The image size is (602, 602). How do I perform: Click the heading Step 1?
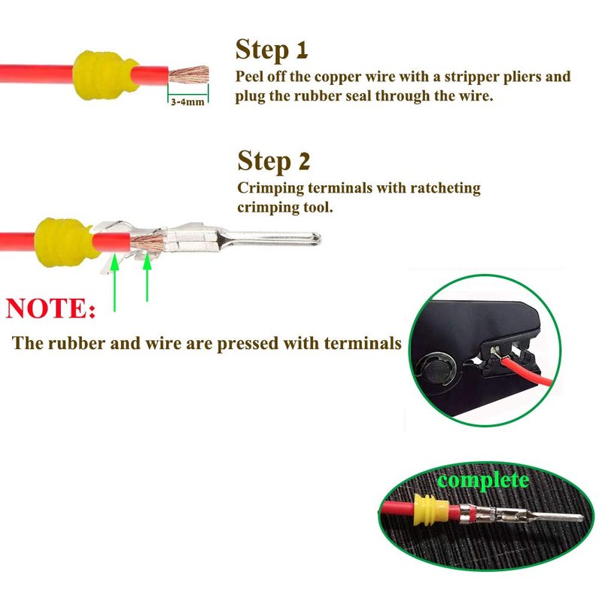point(272,50)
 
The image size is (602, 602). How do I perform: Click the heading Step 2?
point(273,161)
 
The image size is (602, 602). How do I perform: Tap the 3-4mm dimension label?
point(187,102)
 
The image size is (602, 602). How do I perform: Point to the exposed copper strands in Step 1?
point(189,74)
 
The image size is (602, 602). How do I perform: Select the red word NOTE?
point(50,308)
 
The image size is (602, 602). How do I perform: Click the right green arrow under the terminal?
point(147,278)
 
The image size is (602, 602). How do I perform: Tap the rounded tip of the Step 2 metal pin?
point(318,239)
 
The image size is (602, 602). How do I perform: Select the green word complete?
point(483,480)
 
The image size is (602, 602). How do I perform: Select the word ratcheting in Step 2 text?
point(445,188)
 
